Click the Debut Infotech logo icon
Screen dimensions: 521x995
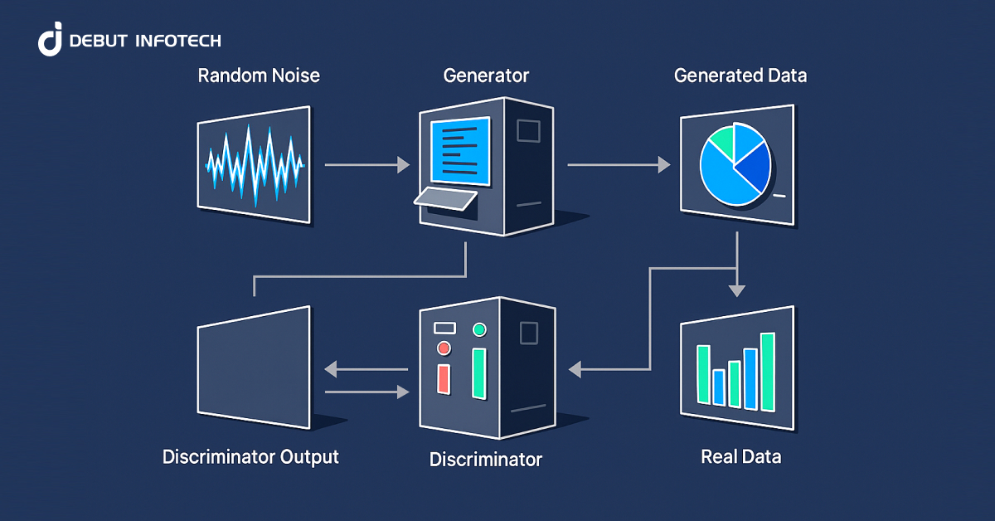pyautogui.click(x=51, y=41)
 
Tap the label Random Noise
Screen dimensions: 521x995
pyautogui.click(x=259, y=76)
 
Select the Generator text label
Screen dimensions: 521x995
pyautogui.click(x=486, y=76)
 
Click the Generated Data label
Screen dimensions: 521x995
pyautogui.click(x=740, y=76)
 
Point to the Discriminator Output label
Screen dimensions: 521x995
pyautogui.click(x=250, y=456)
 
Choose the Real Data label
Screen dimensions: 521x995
pyautogui.click(x=740, y=456)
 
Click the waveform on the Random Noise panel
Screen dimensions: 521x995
pyautogui.click(x=255, y=163)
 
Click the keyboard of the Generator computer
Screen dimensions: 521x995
pyautogui.click(x=446, y=198)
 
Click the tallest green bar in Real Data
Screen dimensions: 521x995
pyautogui.click(x=767, y=371)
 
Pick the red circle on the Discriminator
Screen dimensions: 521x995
pyautogui.click(x=444, y=348)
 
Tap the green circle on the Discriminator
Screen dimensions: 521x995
pyautogui.click(x=478, y=330)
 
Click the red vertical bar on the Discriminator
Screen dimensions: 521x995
pyautogui.click(x=443, y=378)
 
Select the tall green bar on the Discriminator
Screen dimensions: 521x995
pyautogui.click(x=478, y=373)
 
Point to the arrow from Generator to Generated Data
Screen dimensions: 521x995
pyautogui.click(x=618, y=165)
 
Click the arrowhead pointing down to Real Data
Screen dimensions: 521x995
pyautogui.click(x=736, y=290)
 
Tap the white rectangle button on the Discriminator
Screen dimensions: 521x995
pyautogui.click(x=444, y=328)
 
